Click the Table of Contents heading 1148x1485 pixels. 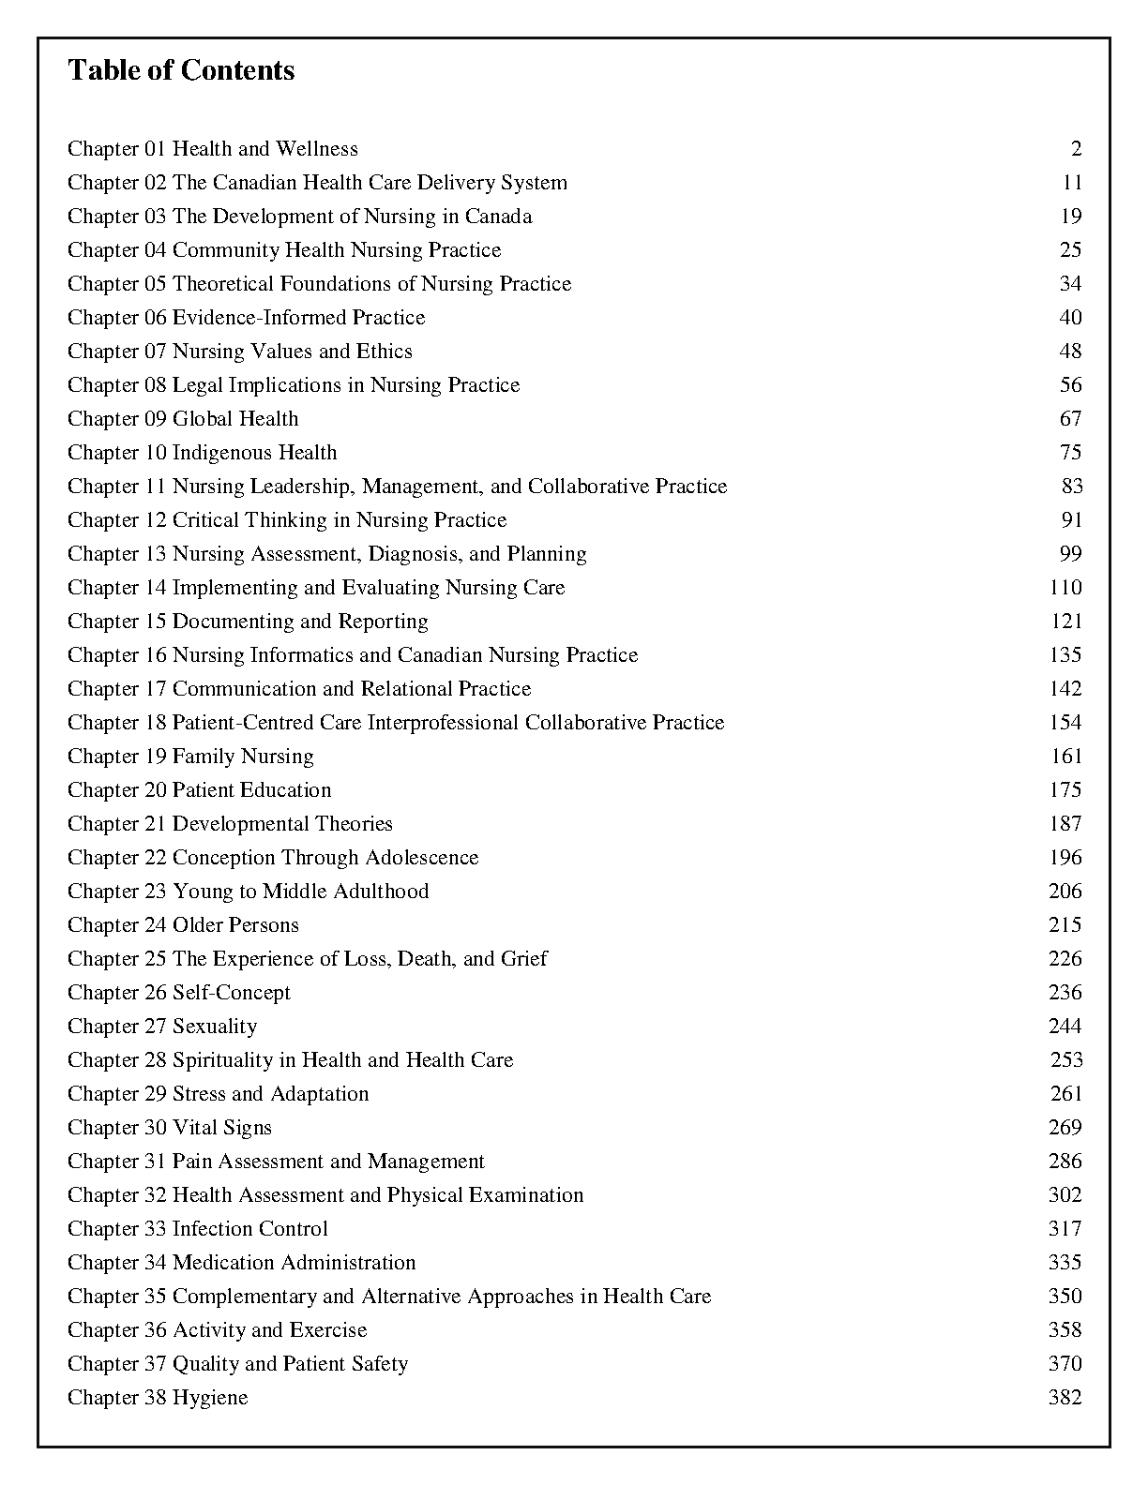click(181, 70)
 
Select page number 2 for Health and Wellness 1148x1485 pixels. click(1076, 149)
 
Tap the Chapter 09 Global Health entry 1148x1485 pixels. click(183, 419)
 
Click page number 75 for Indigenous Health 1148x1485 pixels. click(1070, 453)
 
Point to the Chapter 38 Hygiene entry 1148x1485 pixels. click(158, 1398)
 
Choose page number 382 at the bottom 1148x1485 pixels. click(1065, 1398)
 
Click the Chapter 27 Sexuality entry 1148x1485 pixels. click(162, 1027)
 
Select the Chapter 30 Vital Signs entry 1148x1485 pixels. click(170, 1128)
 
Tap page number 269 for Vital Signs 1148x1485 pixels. click(1065, 1128)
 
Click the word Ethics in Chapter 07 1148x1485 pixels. click(384, 352)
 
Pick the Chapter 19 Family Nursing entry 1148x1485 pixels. click(190, 757)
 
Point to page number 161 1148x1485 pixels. click(1065, 757)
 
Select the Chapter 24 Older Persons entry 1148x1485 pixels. click(183, 925)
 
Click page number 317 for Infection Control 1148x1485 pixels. click(1065, 1229)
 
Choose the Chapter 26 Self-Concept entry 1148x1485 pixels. click(179, 993)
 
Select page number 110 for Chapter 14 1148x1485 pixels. click(1065, 588)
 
